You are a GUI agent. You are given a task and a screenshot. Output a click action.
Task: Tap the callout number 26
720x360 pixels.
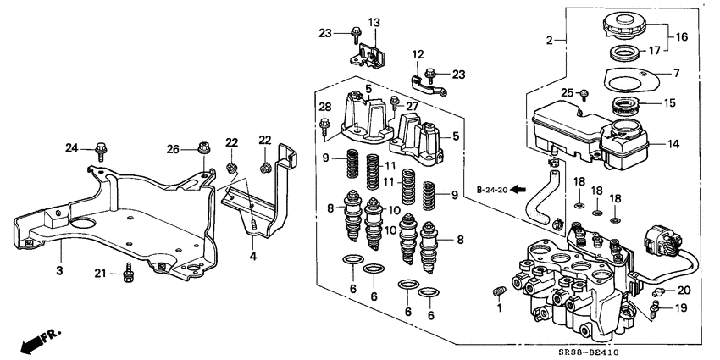173,150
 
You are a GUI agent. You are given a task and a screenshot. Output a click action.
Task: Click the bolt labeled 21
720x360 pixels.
129,274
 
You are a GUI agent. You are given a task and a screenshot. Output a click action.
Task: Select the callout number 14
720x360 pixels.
673,144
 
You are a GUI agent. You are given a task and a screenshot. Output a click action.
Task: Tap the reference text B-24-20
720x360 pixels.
491,190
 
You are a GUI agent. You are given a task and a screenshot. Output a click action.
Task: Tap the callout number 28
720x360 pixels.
324,106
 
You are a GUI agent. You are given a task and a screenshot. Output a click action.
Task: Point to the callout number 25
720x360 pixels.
561,91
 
